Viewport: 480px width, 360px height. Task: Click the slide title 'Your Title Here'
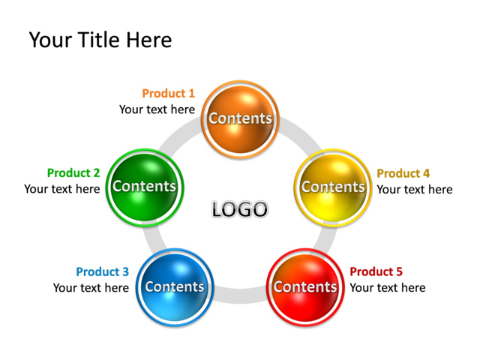tap(100, 40)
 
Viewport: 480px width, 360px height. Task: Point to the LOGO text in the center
tap(239, 209)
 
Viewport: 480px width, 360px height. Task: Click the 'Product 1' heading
tap(168, 94)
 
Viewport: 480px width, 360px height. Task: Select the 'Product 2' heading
tap(73, 173)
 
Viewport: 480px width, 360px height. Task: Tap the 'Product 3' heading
tap(102, 271)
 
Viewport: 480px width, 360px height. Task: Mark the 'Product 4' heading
tap(403, 173)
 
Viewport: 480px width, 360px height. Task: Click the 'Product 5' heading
tap(376, 271)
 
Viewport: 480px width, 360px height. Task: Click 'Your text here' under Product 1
tap(157, 109)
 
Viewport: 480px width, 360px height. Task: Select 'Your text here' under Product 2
tap(61, 189)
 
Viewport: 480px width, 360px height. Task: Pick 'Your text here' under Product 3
tap(91, 288)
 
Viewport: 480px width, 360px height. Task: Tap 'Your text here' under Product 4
tap(415, 189)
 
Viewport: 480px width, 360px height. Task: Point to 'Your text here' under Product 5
tap(388, 288)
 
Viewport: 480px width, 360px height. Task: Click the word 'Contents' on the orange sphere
tap(240, 118)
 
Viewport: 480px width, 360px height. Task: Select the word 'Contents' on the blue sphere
tap(175, 286)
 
